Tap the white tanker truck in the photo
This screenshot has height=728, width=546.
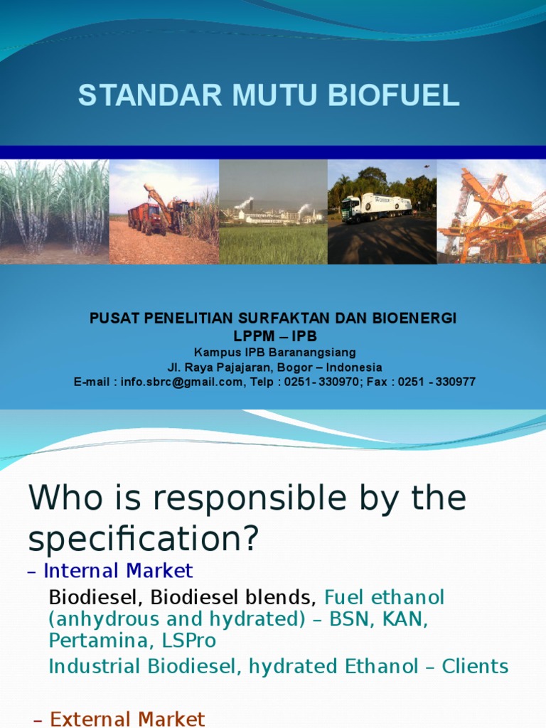[376, 208]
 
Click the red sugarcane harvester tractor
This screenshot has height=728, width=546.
[148, 218]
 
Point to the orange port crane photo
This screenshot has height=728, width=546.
[491, 212]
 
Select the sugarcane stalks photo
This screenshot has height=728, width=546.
[54, 212]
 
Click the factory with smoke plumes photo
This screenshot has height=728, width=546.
[273, 212]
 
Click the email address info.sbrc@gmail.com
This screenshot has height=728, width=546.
[181, 382]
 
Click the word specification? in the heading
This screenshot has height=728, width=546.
[142, 540]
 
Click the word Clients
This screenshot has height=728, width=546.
[475, 667]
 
